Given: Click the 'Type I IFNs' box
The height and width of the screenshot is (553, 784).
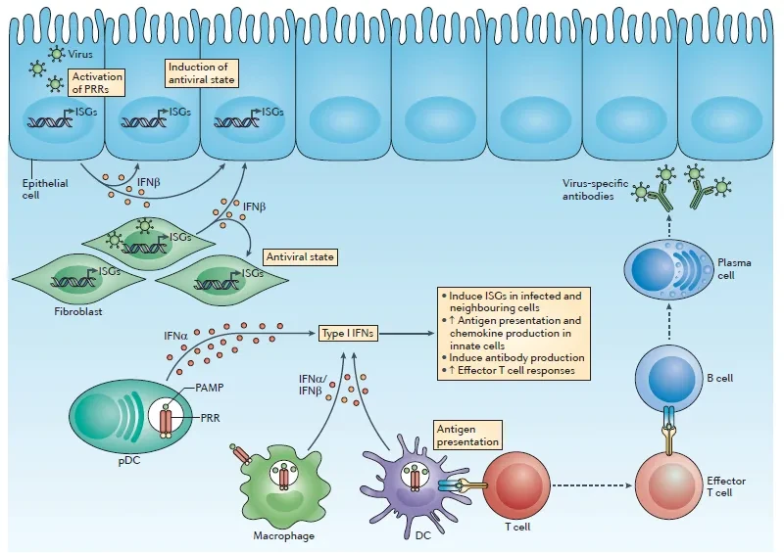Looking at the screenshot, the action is tap(348, 333).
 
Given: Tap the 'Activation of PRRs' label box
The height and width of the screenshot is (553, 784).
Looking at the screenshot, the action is tap(96, 82).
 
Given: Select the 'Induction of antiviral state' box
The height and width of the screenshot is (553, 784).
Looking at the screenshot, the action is tap(202, 73).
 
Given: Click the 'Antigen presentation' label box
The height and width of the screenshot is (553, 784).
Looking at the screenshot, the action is tap(467, 436).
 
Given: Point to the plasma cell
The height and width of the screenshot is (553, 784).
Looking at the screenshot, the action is tap(668, 269).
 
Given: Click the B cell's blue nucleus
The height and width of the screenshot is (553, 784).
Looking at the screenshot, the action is tap(671, 378).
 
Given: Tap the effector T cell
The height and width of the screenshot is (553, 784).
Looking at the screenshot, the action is tap(668, 484).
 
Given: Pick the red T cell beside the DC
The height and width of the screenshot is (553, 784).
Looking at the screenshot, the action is tap(516, 485).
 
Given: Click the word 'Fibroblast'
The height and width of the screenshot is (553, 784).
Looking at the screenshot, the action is tap(78, 311).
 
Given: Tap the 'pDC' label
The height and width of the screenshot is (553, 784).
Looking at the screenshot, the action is tap(129, 461).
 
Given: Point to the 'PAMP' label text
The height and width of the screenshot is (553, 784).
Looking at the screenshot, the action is tap(210, 388).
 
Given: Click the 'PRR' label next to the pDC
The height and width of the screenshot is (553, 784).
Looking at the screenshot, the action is tap(211, 418).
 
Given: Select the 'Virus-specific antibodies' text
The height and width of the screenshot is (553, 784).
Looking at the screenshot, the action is tap(595, 190).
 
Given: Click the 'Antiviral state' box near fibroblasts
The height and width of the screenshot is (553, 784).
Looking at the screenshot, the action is tap(300, 256).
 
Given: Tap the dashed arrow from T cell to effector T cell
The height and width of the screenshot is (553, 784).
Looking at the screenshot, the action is tap(593, 485).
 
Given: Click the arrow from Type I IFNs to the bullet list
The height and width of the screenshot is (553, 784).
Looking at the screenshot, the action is tap(407, 333).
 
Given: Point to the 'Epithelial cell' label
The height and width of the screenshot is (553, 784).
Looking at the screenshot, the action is tap(45, 189).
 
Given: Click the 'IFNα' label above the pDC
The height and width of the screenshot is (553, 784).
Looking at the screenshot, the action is tap(175, 336).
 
